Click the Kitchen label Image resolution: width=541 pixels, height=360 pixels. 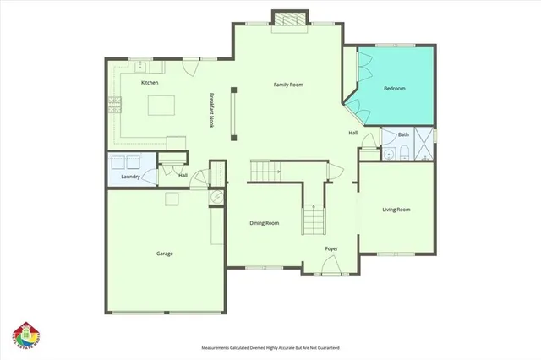click(x=150, y=83)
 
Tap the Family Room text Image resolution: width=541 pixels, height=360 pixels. click(x=288, y=85)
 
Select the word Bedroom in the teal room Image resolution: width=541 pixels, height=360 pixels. click(x=395, y=89)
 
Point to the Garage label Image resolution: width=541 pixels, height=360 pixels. click(x=165, y=253)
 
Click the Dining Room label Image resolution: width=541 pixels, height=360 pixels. click(x=265, y=223)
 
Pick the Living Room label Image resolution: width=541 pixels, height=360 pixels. click(x=396, y=209)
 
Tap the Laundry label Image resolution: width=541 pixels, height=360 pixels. click(x=130, y=177)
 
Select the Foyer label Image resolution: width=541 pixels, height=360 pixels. click(x=332, y=248)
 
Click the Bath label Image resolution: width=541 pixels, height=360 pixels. click(x=404, y=135)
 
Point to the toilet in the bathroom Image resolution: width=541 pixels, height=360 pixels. click(x=403, y=153)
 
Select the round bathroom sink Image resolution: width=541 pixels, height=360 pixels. click(x=389, y=154)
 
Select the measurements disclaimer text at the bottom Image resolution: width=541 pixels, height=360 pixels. click(x=270, y=347)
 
